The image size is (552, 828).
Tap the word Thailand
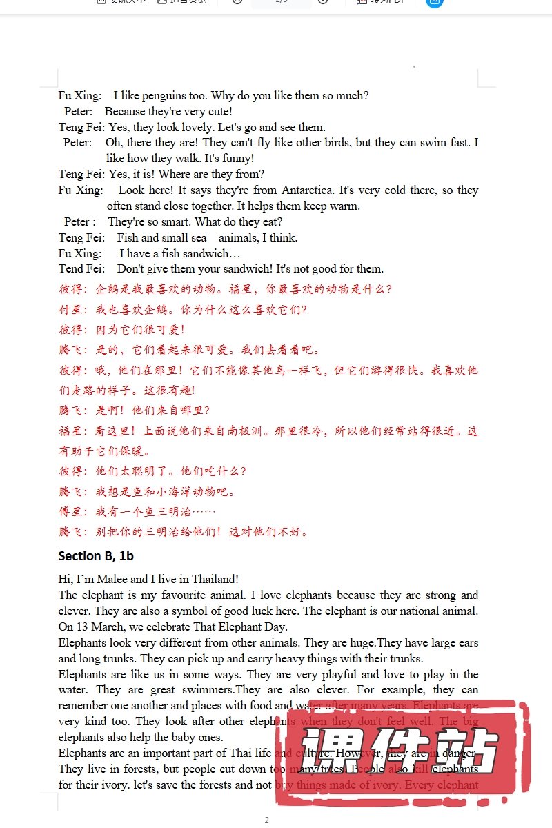point(215,580)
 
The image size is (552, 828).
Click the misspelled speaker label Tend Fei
point(81,269)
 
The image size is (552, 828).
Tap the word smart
point(175,222)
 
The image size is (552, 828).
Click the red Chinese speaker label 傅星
point(70,512)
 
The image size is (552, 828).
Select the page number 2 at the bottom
point(266,820)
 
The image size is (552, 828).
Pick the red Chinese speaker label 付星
point(70,310)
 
